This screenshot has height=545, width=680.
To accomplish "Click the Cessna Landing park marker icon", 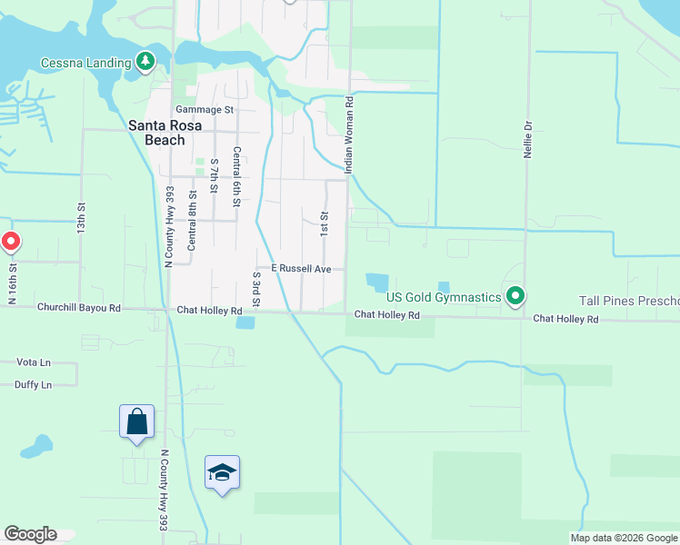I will pyautogui.click(x=145, y=62).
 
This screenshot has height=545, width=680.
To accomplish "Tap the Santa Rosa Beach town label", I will pyautogui.click(x=157, y=134).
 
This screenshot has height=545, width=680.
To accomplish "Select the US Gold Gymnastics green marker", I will pyautogui.click(x=515, y=296).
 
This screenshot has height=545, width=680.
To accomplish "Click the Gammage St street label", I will pyautogui.click(x=205, y=110).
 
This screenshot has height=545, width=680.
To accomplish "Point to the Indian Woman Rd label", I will pyautogui.click(x=347, y=135).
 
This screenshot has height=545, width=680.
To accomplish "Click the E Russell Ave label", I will pyautogui.click(x=300, y=269).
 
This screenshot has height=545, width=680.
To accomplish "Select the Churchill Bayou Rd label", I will pyautogui.click(x=79, y=308).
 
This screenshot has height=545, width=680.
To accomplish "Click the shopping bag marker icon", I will pyautogui.click(x=136, y=421).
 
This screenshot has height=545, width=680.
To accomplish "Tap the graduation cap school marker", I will pyautogui.click(x=222, y=472).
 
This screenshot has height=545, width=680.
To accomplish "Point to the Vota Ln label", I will pyautogui.click(x=34, y=362).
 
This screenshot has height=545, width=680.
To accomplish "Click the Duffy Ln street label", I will pyautogui.click(x=34, y=385).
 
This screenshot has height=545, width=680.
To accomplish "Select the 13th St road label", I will pyautogui.click(x=81, y=215).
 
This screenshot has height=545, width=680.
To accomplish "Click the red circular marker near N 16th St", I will pyautogui.click(x=10, y=242).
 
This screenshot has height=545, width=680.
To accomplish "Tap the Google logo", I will pyautogui.click(x=30, y=534).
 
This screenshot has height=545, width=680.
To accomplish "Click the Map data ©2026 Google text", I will pyautogui.click(x=623, y=538).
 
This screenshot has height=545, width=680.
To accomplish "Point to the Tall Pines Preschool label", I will pyautogui.click(x=629, y=301).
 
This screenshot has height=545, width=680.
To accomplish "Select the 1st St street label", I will pyautogui.click(x=324, y=222).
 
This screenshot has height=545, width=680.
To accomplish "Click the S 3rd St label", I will pyautogui.click(x=257, y=287).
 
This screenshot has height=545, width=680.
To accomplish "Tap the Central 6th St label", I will pyautogui.click(x=236, y=177).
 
